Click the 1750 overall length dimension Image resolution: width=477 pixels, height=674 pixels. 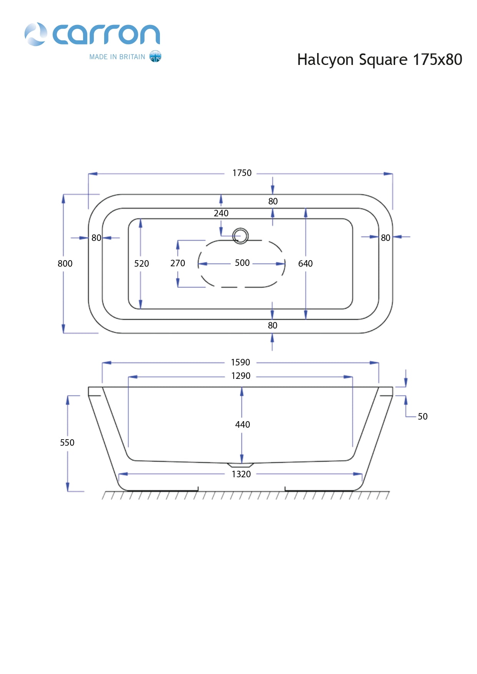(x=242, y=173)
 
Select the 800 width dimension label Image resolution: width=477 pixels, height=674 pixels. (x=65, y=264)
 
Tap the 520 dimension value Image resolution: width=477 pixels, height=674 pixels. (x=141, y=264)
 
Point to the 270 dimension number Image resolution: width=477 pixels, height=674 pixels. (x=178, y=263)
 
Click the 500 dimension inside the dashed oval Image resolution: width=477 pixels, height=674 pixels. (x=242, y=263)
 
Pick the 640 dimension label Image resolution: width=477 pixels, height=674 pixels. (x=305, y=264)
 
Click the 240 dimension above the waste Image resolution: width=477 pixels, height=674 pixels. (x=221, y=213)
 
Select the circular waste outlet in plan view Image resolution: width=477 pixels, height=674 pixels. (x=241, y=236)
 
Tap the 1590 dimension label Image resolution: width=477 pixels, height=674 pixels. (x=240, y=362)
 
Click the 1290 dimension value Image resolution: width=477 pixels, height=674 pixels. (x=241, y=376)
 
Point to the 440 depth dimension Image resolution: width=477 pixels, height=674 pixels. (x=243, y=425)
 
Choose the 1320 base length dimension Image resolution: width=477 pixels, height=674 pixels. (x=241, y=474)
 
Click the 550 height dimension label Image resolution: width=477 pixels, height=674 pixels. (x=67, y=443)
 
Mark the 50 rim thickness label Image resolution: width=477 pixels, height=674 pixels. (x=422, y=417)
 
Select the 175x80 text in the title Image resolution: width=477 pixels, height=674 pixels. (x=437, y=60)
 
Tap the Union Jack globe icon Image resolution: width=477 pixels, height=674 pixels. (x=155, y=56)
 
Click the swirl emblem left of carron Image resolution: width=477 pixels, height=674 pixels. (x=36, y=34)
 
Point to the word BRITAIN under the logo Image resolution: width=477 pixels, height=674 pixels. (x=132, y=57)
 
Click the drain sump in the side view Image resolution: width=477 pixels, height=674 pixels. (x=241, y=465)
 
